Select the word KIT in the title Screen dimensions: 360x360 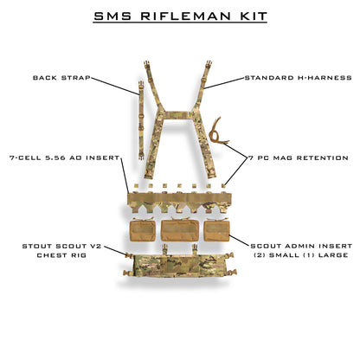coord(249,16)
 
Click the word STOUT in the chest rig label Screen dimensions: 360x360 coord(37,246)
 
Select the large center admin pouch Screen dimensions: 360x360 coord(180,229)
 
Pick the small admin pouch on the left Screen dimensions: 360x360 coord(141,229)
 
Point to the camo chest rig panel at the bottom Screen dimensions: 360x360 coord(179,268)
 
